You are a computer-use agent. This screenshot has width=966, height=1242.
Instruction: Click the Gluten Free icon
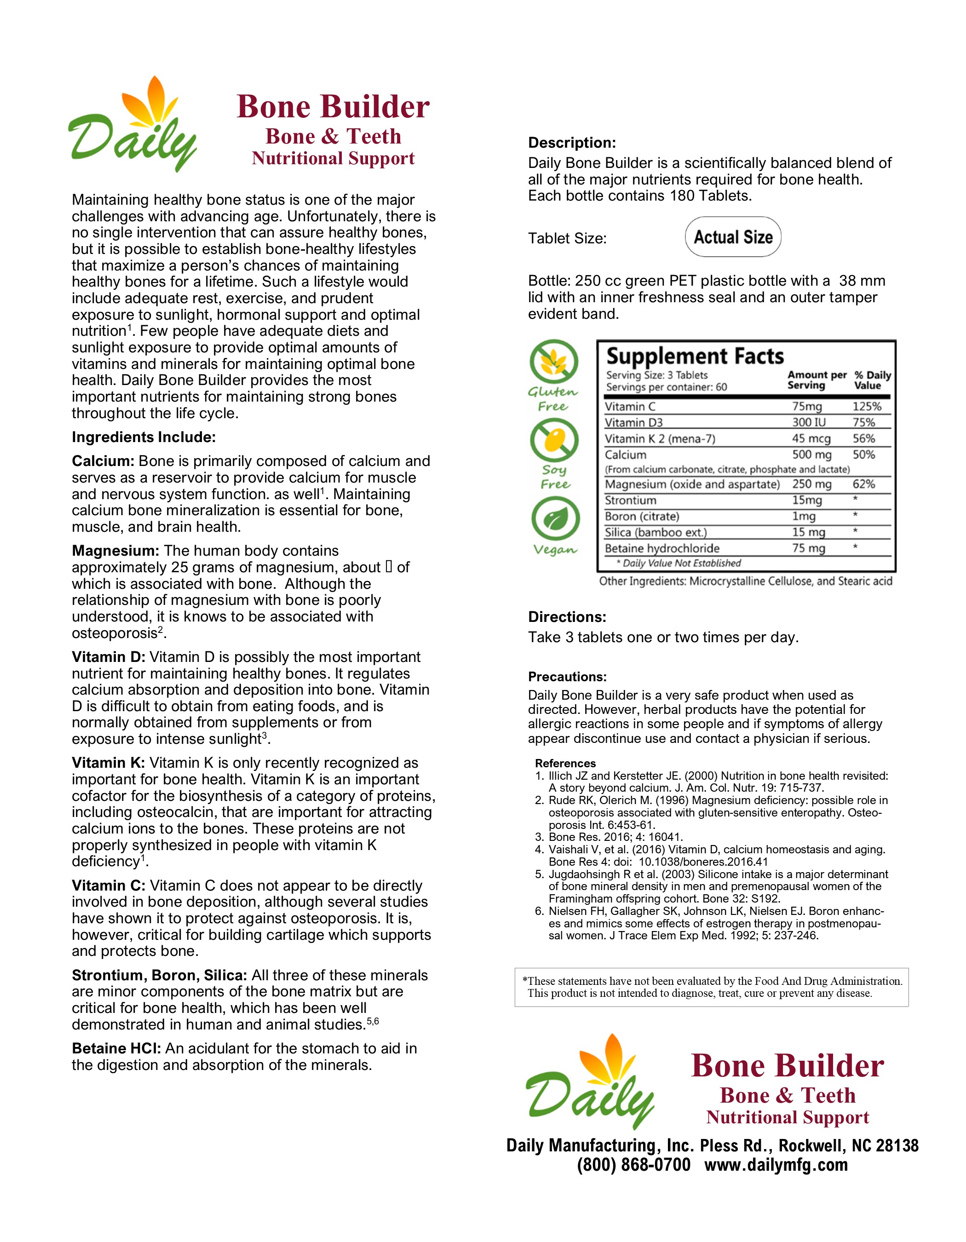point(554,362)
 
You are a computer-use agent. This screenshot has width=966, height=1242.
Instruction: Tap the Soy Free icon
point(554,440)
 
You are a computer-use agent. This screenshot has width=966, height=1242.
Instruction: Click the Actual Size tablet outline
point(733,236)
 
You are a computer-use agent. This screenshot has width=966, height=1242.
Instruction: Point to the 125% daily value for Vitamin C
point(867,407)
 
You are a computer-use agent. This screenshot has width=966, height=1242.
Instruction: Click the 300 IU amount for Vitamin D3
point(809,423)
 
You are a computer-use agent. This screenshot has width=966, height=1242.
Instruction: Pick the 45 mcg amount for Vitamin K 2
point(811,438)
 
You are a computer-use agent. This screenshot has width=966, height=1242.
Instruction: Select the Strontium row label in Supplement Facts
point(630,500)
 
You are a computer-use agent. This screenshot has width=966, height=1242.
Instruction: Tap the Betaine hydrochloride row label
point(662,548)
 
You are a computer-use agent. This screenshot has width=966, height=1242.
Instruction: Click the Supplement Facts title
point(695,356)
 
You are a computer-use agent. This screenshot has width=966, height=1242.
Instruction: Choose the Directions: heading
point(567,617)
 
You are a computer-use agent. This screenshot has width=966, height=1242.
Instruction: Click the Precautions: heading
point(567,677)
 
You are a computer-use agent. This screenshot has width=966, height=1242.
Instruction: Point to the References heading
point(565,763)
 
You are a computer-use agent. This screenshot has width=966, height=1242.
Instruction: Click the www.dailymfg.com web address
point(776,1165)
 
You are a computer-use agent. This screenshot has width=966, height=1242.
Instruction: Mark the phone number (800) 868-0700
point(633,1165)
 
